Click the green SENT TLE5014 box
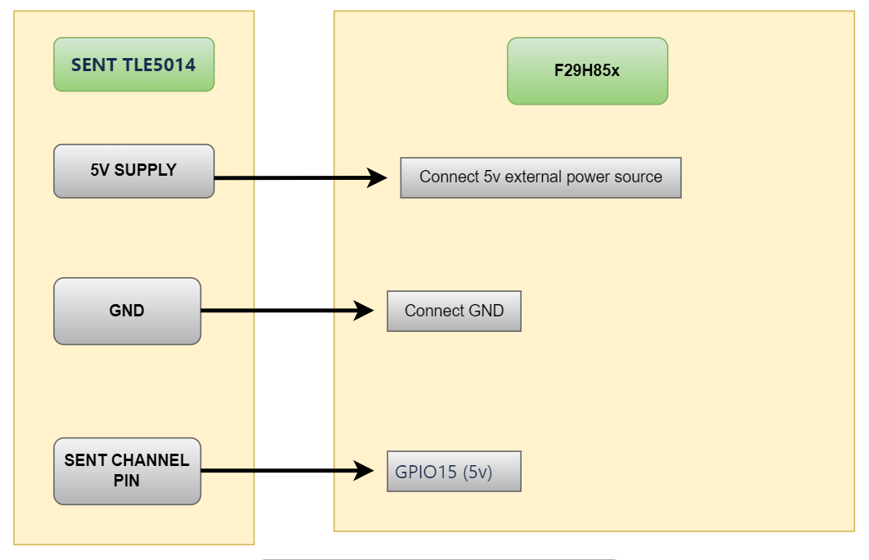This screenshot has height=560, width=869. click(133, 65)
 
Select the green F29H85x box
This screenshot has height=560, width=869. click(587, 70)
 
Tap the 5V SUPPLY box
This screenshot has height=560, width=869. click(133, 171)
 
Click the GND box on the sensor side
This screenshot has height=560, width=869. click(127, 311)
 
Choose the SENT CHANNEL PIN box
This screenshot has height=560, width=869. click(127, 471)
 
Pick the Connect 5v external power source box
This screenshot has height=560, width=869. click(540, 177)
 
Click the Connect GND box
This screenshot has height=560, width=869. click(454, 311)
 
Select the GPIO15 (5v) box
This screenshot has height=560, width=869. click(454, 472)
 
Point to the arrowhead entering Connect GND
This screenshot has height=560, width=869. click(365, 311)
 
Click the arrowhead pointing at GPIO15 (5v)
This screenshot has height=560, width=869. click(365, 471)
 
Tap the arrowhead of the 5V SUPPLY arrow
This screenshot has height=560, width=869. click(377, 177)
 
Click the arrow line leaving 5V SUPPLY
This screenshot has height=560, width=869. click(286, 177)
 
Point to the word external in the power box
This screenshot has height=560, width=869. click(532, 177)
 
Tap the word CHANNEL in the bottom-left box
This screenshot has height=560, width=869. click(150, 460)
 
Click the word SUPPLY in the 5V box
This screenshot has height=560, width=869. click(146, 170)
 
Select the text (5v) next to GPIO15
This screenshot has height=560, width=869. click(477, 473)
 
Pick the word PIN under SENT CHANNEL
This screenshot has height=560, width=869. click(127, 482)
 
